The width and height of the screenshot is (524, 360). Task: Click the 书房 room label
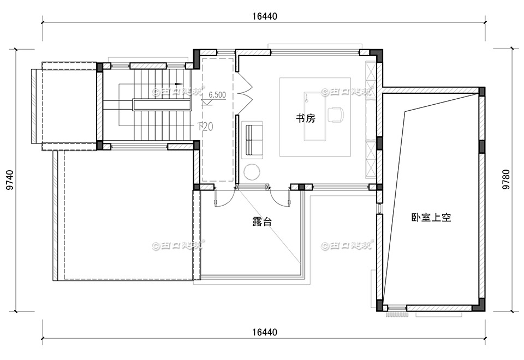coord(306,118)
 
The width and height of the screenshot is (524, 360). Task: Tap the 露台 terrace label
coord(262,222)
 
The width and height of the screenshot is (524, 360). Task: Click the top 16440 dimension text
coord(265,16)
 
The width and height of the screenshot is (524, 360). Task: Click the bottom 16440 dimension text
coord(265,332)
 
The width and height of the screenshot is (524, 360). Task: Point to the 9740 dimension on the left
coord(10,179)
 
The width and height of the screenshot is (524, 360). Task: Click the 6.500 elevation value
coord(217,94)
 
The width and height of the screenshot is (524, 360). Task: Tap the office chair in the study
coord(336,114)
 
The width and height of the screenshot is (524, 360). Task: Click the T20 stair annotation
coord(205,127)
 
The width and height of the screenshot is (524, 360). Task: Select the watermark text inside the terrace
coord(178,245)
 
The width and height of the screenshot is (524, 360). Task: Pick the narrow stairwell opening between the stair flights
coord(162,104)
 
